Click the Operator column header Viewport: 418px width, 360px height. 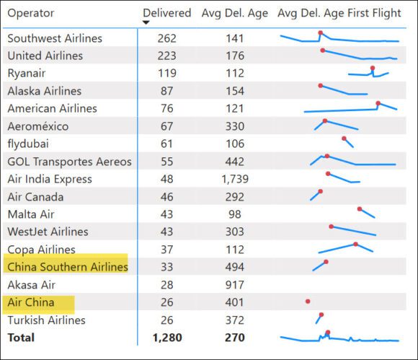tap(30, 13)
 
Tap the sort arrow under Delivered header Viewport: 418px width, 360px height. tap(146, 22)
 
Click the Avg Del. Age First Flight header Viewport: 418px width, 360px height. tap(339, 13)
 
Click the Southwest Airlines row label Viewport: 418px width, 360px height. tap(55, 38)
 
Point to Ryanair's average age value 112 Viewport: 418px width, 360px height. tap(235, 73)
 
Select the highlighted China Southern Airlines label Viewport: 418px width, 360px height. tap(67, 267)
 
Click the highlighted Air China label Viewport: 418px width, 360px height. tap(31, 302)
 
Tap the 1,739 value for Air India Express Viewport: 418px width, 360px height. tap(235, 179)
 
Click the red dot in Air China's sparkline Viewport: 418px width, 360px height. tap(308, 301)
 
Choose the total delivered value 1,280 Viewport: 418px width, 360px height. tap(167, 337)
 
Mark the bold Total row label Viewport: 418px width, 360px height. tap(21, 337)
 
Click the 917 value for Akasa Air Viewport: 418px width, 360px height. tap(235, 285)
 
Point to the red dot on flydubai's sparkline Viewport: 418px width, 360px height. tap(344, 139)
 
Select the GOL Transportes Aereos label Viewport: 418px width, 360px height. tap(69, 162)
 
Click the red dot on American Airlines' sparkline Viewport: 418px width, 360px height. tap(378, 103)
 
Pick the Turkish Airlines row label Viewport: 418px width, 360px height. tap(46, 320)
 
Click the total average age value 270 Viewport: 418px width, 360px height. tap(235, 337)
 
